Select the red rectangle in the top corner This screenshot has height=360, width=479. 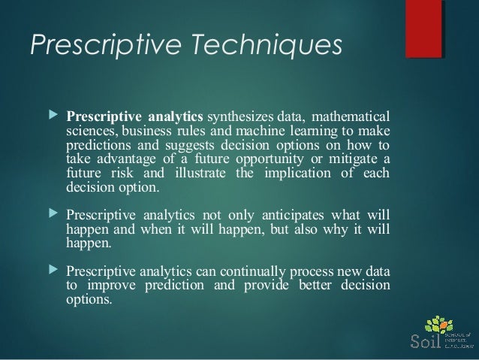[423, 29]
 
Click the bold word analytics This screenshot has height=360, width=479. [176, 117]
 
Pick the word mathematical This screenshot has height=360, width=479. [351, 117]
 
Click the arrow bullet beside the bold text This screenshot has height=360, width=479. [52, 117]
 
